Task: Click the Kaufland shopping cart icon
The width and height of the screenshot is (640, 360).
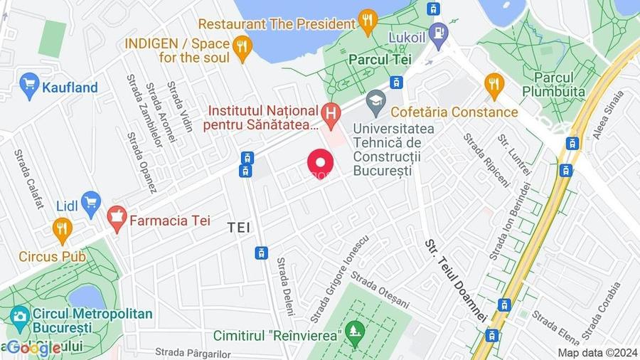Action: pos(29,87)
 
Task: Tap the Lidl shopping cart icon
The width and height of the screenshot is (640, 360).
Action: pos(90,204)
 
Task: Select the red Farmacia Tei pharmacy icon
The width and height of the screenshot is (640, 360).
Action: pos(116,216)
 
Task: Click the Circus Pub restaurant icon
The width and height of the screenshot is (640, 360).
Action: pos(63,229)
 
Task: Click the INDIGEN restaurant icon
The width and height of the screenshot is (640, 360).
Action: pos(243,48)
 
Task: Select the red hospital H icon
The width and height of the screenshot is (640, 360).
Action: pos(330,112)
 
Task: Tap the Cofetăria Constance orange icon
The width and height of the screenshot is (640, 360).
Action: pos(494,85)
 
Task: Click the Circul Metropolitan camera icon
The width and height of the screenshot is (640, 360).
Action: pos(20,315)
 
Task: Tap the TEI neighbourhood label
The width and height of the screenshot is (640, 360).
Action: pos(240,227)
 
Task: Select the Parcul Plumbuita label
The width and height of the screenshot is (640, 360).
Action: pos(553,84)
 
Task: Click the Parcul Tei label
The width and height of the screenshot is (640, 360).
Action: pos(380,60)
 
